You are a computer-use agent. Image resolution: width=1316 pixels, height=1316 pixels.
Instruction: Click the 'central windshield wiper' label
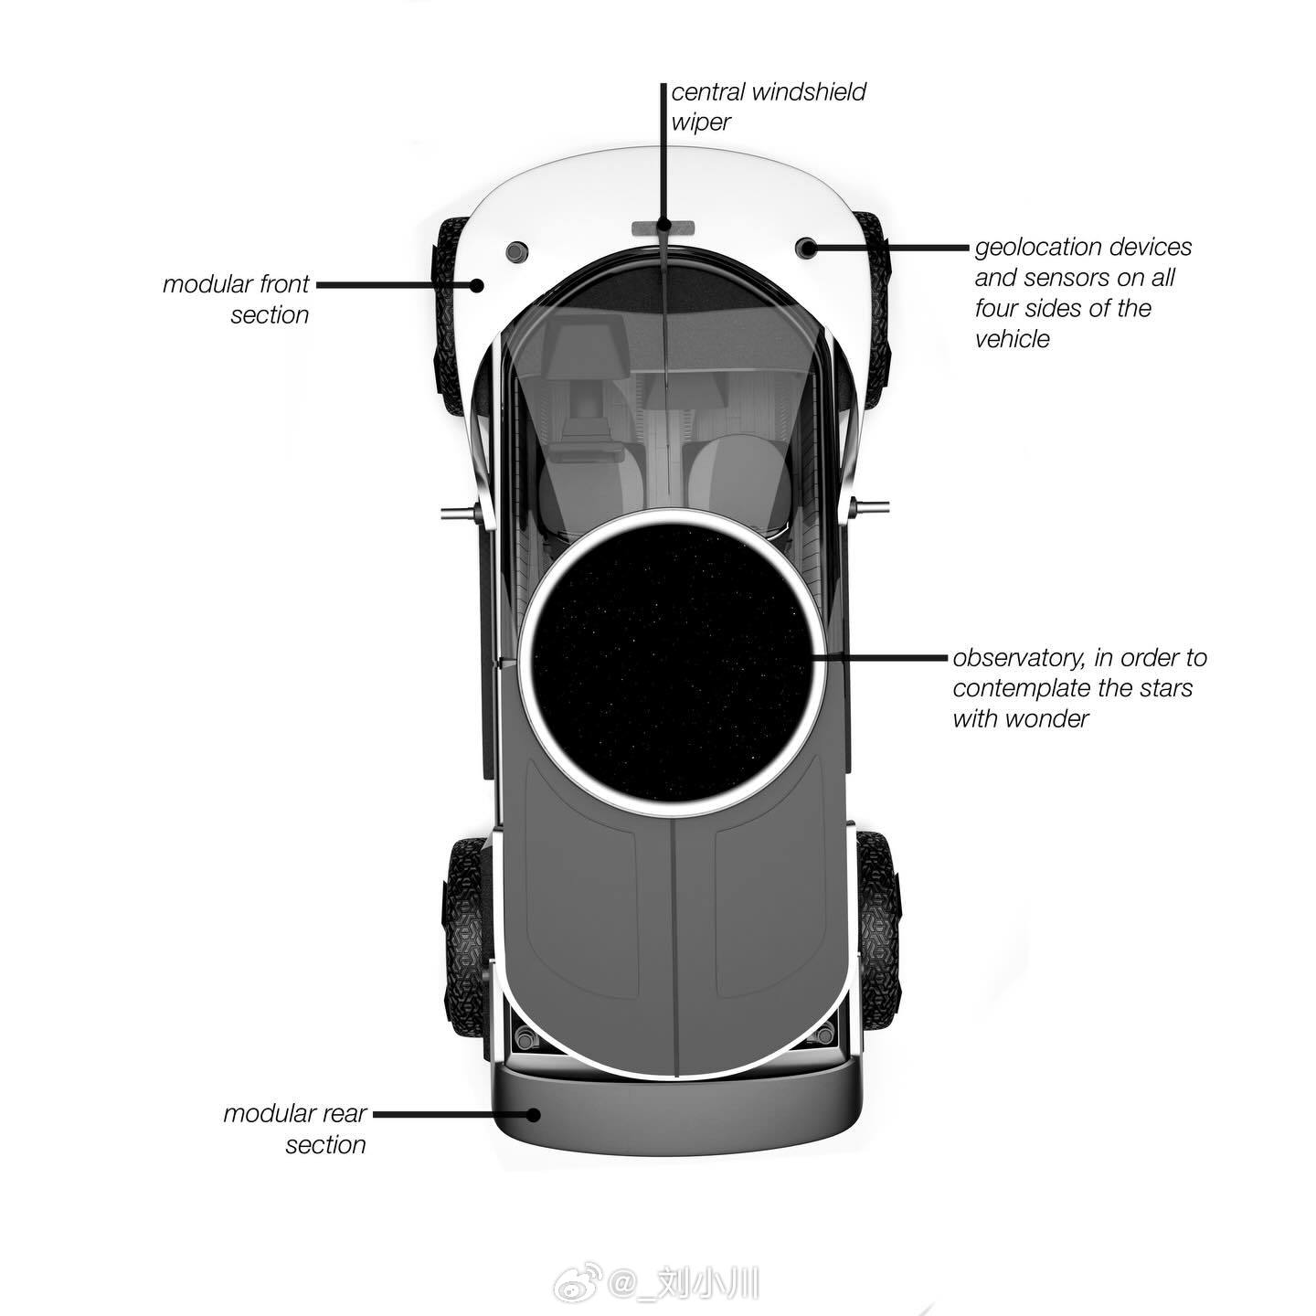click(768, 106)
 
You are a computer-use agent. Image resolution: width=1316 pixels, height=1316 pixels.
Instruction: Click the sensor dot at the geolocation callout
click(808, 248)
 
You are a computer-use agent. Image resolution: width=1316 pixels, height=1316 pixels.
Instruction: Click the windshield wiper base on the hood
click(663, 227)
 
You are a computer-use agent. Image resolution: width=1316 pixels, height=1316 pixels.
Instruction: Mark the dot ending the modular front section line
click(477, 285)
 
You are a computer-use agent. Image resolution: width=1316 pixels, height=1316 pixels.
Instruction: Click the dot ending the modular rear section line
click(533, 1114)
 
